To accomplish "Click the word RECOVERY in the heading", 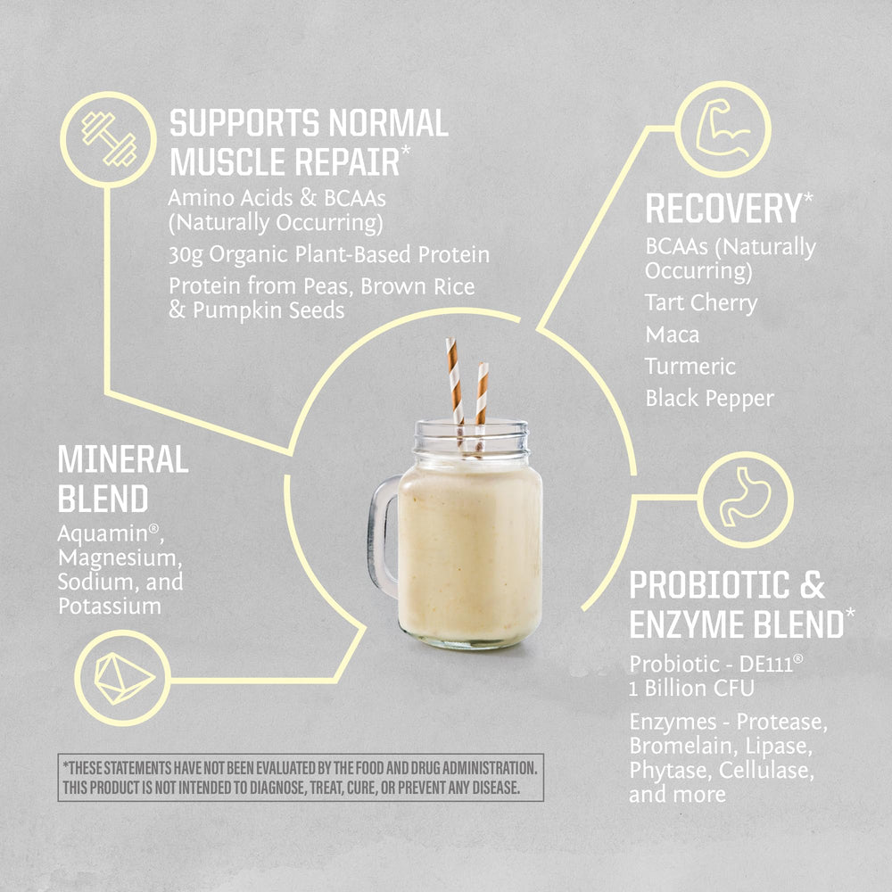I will pyautogui.click(x=723, y=209).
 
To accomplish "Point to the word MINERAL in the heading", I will pyautogui.click(x=123, y=460).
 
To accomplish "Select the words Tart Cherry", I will pyautogui.click(x=700, y=302).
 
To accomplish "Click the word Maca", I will pyautogui.click(x=672, y=334).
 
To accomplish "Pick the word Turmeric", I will pyautogui.click(x=690, y=366).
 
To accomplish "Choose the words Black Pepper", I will pyautogui.click(x=710, y=398).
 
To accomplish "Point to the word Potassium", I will pyautogui.click(x=110, y=606).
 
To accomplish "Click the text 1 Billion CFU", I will pyautogui.click(x=691, y=688).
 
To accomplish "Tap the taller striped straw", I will pyautogui.click(x=454, y=384).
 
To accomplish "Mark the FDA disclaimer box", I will pyautogui.click(x=301, y=778).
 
